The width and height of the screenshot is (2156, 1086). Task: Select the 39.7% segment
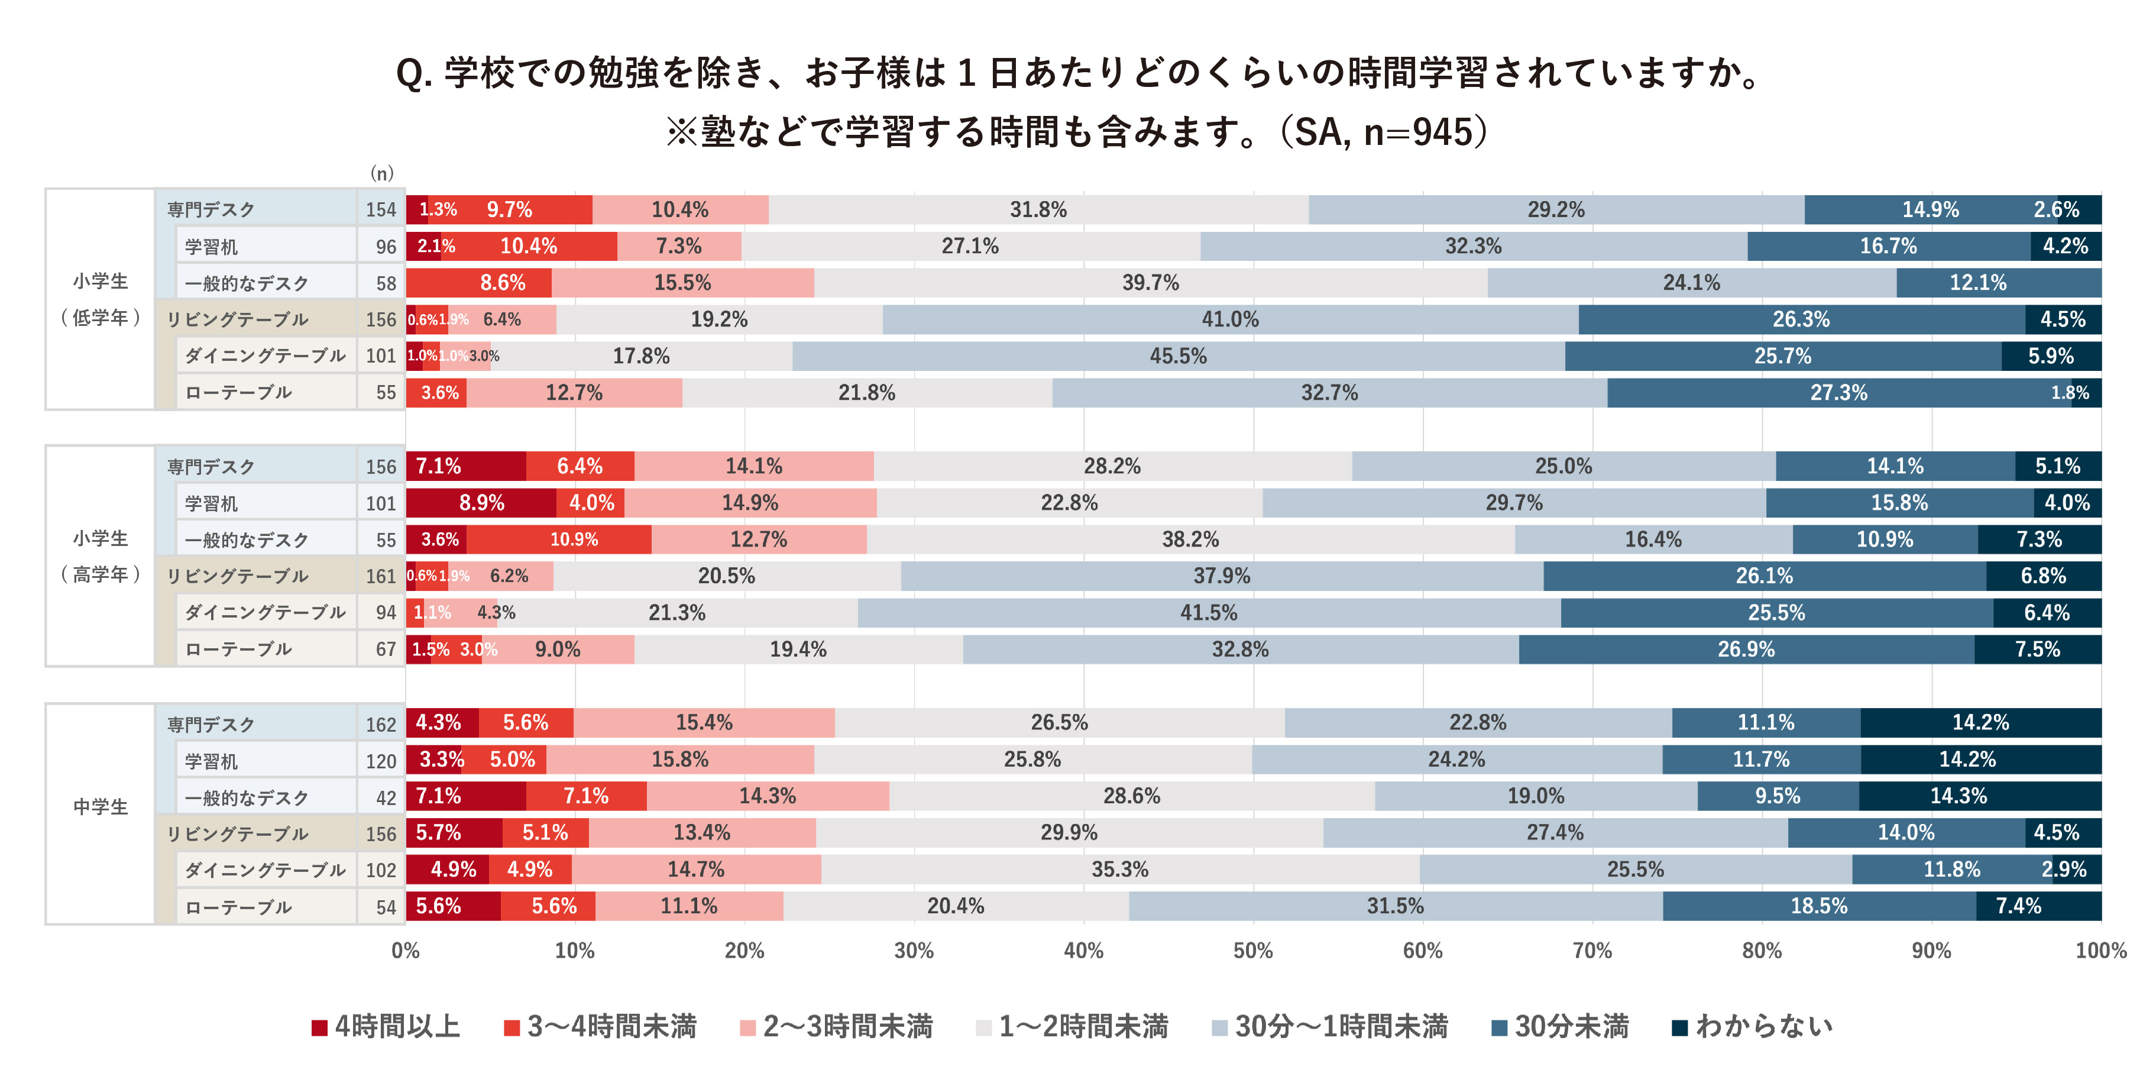tap(1150, 283)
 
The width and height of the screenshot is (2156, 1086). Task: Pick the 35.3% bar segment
tap(1120, 869)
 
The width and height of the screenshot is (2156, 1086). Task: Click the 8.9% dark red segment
tap(481, 502)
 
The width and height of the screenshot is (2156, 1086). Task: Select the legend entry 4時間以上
tap(386, 1026)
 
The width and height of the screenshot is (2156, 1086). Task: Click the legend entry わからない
tap(1753, 1026)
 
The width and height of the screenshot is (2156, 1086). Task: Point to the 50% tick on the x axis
tap(1253, 951)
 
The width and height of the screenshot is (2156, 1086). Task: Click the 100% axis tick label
tap(2100, 951)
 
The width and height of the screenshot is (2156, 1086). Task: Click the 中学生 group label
tap(101, 806)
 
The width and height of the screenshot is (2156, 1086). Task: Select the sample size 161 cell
tap(381, 576)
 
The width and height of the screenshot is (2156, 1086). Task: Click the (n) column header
tap(381, 173)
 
